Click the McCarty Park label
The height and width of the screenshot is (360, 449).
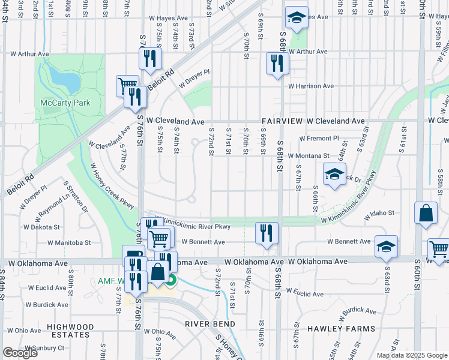65,103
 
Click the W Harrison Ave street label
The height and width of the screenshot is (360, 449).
310,86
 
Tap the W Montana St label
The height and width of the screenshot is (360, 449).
309,156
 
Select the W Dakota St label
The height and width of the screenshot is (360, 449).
39,227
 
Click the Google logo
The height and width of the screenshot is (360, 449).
20,353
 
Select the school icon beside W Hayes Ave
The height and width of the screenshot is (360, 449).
296,18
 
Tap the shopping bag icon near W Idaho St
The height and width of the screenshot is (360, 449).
426,214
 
